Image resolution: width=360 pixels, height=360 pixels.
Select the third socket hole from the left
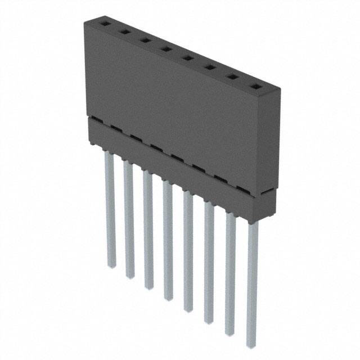pos(145,40)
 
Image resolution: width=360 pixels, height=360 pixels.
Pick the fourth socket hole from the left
pos(165,48)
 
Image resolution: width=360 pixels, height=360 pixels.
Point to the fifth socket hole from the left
pos(187,57)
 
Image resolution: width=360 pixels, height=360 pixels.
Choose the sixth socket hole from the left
pos(209,67)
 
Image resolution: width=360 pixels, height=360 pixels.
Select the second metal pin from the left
pos(128,219)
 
